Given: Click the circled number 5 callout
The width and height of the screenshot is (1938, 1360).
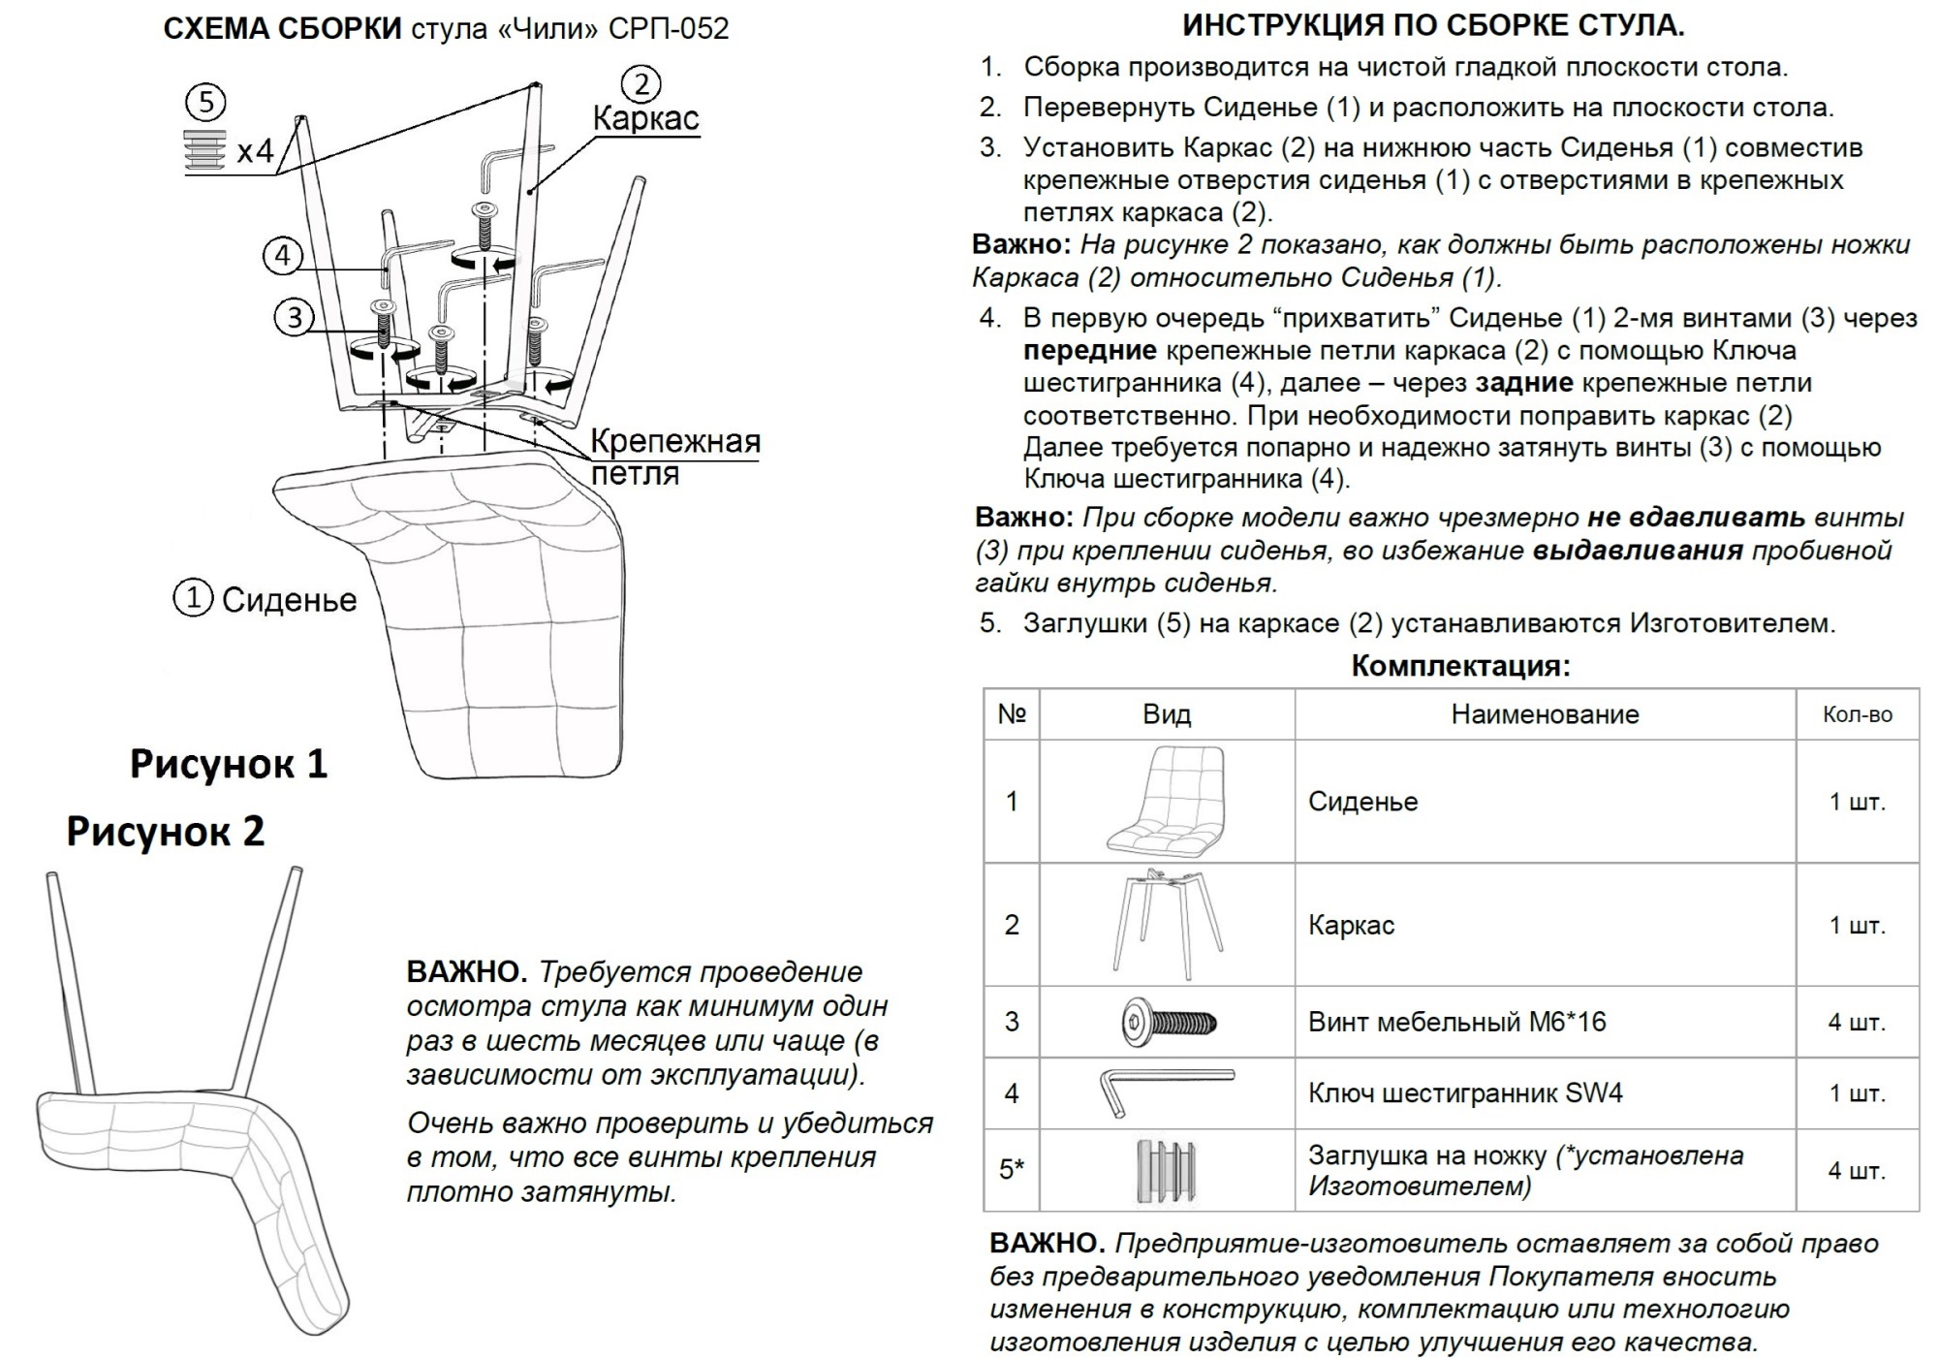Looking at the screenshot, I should pyautogui.click(x=205, y=102).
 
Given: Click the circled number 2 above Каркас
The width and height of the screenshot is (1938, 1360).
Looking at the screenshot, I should pyautogui.click(x=641, y=84).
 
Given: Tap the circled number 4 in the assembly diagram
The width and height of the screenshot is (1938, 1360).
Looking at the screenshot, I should pyautogui.click(x=283, y=256).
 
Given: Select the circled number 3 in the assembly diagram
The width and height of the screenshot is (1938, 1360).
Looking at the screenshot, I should pyautogui.click(x=295, y=317).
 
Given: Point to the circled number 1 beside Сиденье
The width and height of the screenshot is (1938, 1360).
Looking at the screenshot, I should pyautogui.click(x=193, y=598).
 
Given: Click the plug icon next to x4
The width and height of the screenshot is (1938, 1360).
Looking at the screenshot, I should pyautogui.click(x=205, y=150).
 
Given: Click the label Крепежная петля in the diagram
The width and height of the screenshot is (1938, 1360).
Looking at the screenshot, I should pyautogui.click(x=674, y=458).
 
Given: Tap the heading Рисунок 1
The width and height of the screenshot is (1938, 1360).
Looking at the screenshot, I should pyautogui.click(x=229, y=764).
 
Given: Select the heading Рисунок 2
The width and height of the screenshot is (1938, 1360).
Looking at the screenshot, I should pyautogui.click(x=166, y=832).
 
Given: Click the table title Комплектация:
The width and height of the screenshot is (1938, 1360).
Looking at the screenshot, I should pyautogui.click(x=1460, y=666).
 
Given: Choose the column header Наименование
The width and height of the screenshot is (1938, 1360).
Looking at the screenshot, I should pyautogui.click(x=1545, y=714).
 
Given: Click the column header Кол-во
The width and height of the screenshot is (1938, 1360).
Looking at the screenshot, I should pyautogui.click(x=1857, y=714).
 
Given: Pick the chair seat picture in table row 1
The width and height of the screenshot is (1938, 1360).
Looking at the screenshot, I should pyautogui.click(x=1166, y=800).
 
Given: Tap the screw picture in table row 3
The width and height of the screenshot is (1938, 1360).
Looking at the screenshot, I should pyautogui.click(x=1170, y=1021).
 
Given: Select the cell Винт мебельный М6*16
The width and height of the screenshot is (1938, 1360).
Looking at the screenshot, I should pyautogui.click(x=1456, y=1022).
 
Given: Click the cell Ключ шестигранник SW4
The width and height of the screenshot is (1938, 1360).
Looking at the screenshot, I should pyautogui.click(x=1464, y=1093).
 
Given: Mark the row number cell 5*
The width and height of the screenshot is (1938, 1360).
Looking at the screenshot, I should pyautogui.click(x=1012, y=1169).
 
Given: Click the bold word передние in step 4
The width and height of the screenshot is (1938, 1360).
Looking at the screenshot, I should pyautogui.click(x=1089, y=350).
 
